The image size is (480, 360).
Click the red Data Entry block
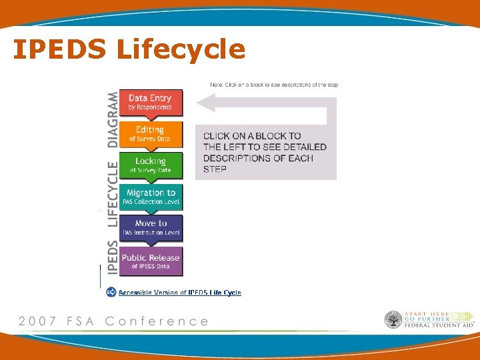tap(150, 103)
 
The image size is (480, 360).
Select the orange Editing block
tap(150, 133)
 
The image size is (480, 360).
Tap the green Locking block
tap(150, 165)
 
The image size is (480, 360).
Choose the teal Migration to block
tap(151, 197)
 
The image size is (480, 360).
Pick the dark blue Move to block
tap(151, 227)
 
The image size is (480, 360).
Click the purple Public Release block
tap(151, 261)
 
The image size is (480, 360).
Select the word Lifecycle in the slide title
tap(181, 49)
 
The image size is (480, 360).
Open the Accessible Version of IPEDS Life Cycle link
tap(180, 293)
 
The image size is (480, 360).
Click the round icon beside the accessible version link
tap(111, 292)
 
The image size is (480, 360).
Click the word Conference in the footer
tap(157, 321)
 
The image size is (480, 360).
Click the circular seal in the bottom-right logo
tap(393, 320)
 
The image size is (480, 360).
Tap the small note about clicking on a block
tap(273, 85)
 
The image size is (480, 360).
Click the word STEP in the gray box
tap(215, 169)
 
